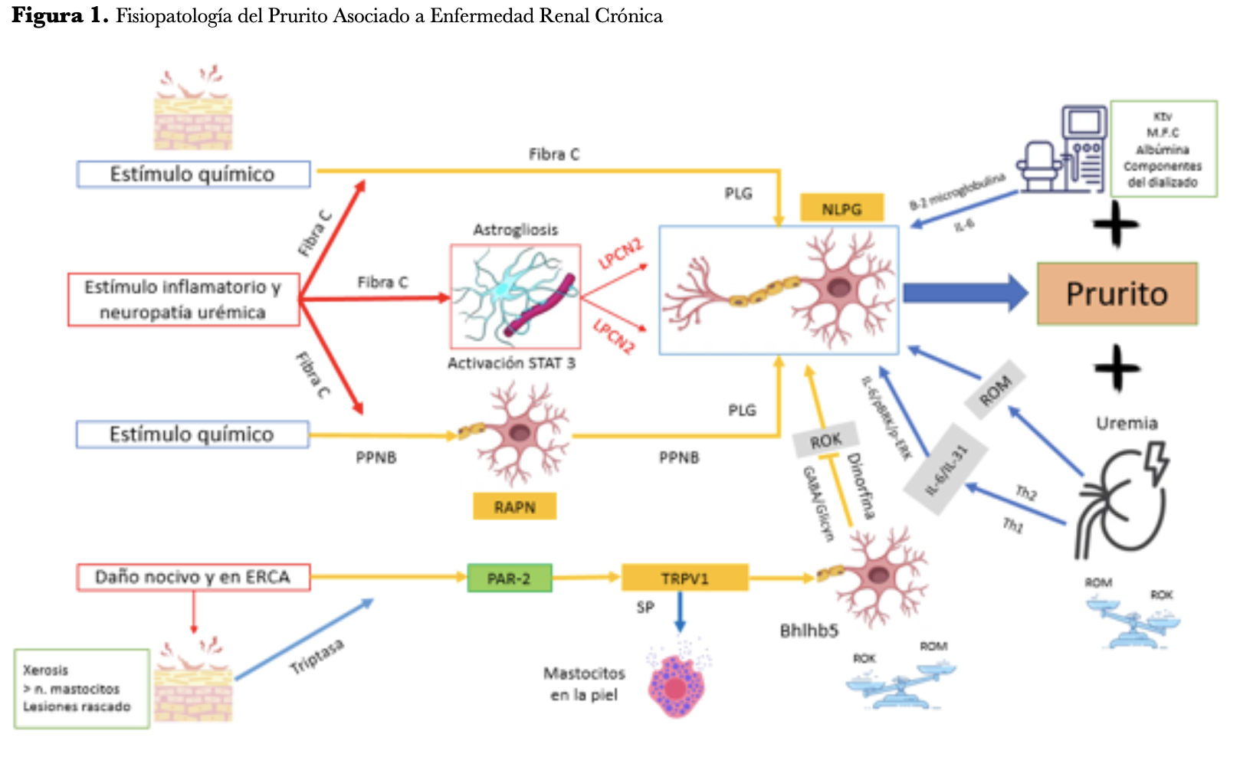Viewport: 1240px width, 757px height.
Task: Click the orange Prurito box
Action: pos(1117,293)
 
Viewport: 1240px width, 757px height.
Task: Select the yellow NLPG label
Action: pos(841,208)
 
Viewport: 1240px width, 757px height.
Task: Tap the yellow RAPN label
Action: pos(514,506)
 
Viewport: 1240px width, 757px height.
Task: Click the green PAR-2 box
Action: pos(509,578)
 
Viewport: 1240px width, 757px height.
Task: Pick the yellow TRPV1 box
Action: pos(684,578)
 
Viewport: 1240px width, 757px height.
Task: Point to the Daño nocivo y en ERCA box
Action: pos(193,577)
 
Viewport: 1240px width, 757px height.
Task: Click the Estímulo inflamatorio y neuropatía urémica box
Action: pos(183,299)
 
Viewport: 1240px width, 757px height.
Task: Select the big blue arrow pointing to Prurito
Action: pos(964,293)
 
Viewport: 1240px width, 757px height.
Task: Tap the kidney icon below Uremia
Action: pos(1120,502)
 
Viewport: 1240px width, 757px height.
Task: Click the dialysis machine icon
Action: pos(1064,149)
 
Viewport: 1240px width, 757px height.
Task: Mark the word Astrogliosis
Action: pos(515,230)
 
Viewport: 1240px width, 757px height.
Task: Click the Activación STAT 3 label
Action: pos(511,363)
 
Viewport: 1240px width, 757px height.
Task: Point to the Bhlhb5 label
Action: pos(809,631)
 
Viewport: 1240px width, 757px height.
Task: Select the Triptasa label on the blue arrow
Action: pos(316,657)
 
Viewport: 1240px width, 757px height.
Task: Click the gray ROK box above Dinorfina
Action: pos(825,441)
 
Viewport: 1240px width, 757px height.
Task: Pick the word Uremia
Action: pos(1126,423)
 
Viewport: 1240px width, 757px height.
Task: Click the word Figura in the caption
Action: pos(48,16)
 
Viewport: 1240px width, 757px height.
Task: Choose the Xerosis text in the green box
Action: pos(45,670)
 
